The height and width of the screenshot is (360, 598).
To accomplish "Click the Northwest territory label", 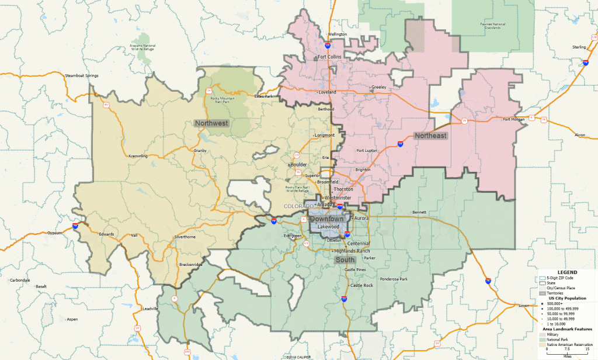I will tap(211, 123).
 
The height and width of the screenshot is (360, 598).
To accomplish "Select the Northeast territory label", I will tap(431, 136).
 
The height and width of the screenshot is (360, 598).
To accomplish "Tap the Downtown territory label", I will tap(327, 219).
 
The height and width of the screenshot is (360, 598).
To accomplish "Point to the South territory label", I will tap(345, 259).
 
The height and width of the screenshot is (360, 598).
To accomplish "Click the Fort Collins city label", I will tap(329, 57).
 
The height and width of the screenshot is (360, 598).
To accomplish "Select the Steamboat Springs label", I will tap(82, 76).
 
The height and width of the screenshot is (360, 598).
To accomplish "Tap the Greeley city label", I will tap(378, 87).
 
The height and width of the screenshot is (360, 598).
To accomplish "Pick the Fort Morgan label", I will tap(514, 120).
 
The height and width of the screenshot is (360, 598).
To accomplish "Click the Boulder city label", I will tap(299, 164).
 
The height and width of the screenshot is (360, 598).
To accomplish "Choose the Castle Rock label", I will tap(361, 285).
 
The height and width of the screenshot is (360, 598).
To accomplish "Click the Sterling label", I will tap(579, 46).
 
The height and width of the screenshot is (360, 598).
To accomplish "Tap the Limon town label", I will tap(523, 306).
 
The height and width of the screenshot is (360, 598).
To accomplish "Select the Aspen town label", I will tap(72, 319).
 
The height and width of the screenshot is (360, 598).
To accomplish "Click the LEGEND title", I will tap(566, 273).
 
